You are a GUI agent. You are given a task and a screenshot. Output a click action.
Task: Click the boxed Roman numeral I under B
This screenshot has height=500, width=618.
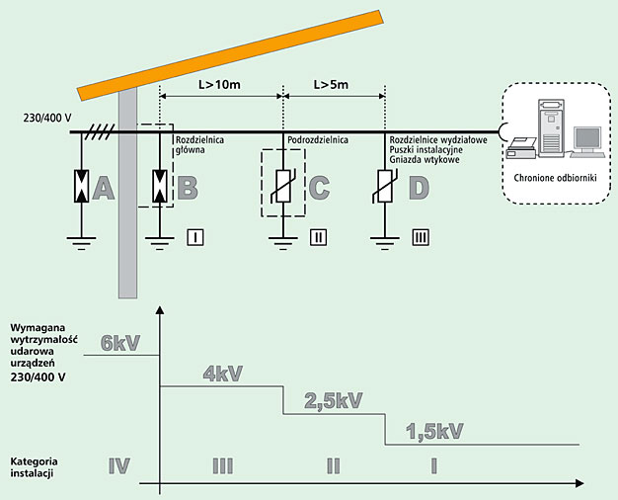pyautogui.click(x=194, y=237)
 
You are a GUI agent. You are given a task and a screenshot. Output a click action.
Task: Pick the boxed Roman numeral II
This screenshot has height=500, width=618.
pyautogui.click(x=317, y=237)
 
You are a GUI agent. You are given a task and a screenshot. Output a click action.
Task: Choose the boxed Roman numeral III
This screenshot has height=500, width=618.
pyautogui.click(x=418, y=237)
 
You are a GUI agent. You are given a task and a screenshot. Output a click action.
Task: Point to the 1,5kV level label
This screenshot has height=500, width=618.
pyautogui.click(x=434, y=432)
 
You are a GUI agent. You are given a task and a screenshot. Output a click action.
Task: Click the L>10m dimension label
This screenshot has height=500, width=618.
pyautogui.click(x=220, y=85)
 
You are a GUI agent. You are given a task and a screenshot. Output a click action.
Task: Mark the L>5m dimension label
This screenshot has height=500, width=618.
pyautogui.click(x=332, y=85)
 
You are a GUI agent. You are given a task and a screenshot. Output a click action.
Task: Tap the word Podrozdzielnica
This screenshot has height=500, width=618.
pyautogui.click(x=317, y=141)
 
